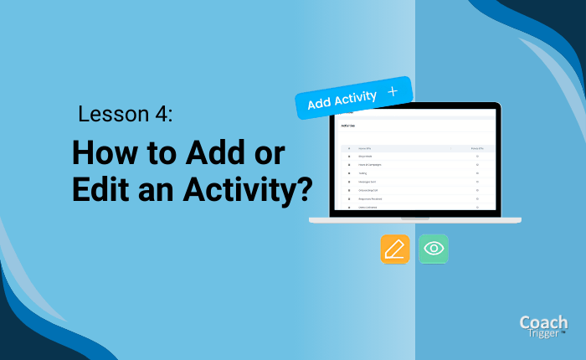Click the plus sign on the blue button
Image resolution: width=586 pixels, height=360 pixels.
[393, 92]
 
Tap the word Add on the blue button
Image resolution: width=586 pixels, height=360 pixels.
[318, 105]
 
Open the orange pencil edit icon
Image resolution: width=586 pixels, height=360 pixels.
[395, 249]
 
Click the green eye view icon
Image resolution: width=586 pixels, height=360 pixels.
[434, 249]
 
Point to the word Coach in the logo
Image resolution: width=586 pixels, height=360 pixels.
[542, 322]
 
